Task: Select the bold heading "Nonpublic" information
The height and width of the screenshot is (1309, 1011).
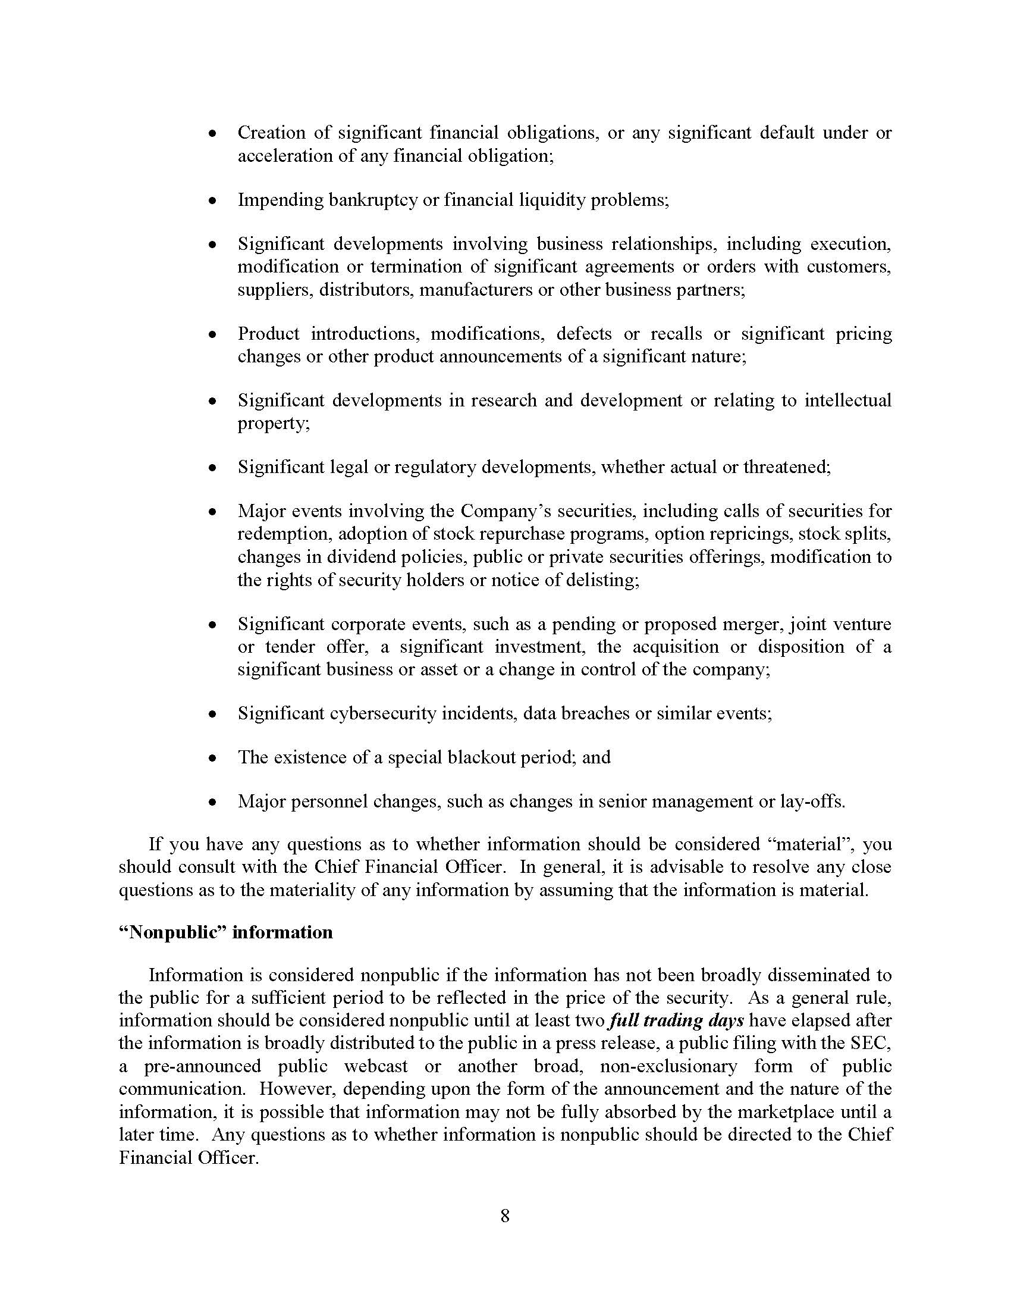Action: click(x=225, y=932)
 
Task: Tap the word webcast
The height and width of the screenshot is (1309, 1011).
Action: click(x=375, y=1066)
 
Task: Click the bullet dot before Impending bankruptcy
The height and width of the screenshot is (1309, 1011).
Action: click(x=212, y=201)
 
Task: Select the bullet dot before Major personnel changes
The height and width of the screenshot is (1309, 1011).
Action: click(x=212, y=803)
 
